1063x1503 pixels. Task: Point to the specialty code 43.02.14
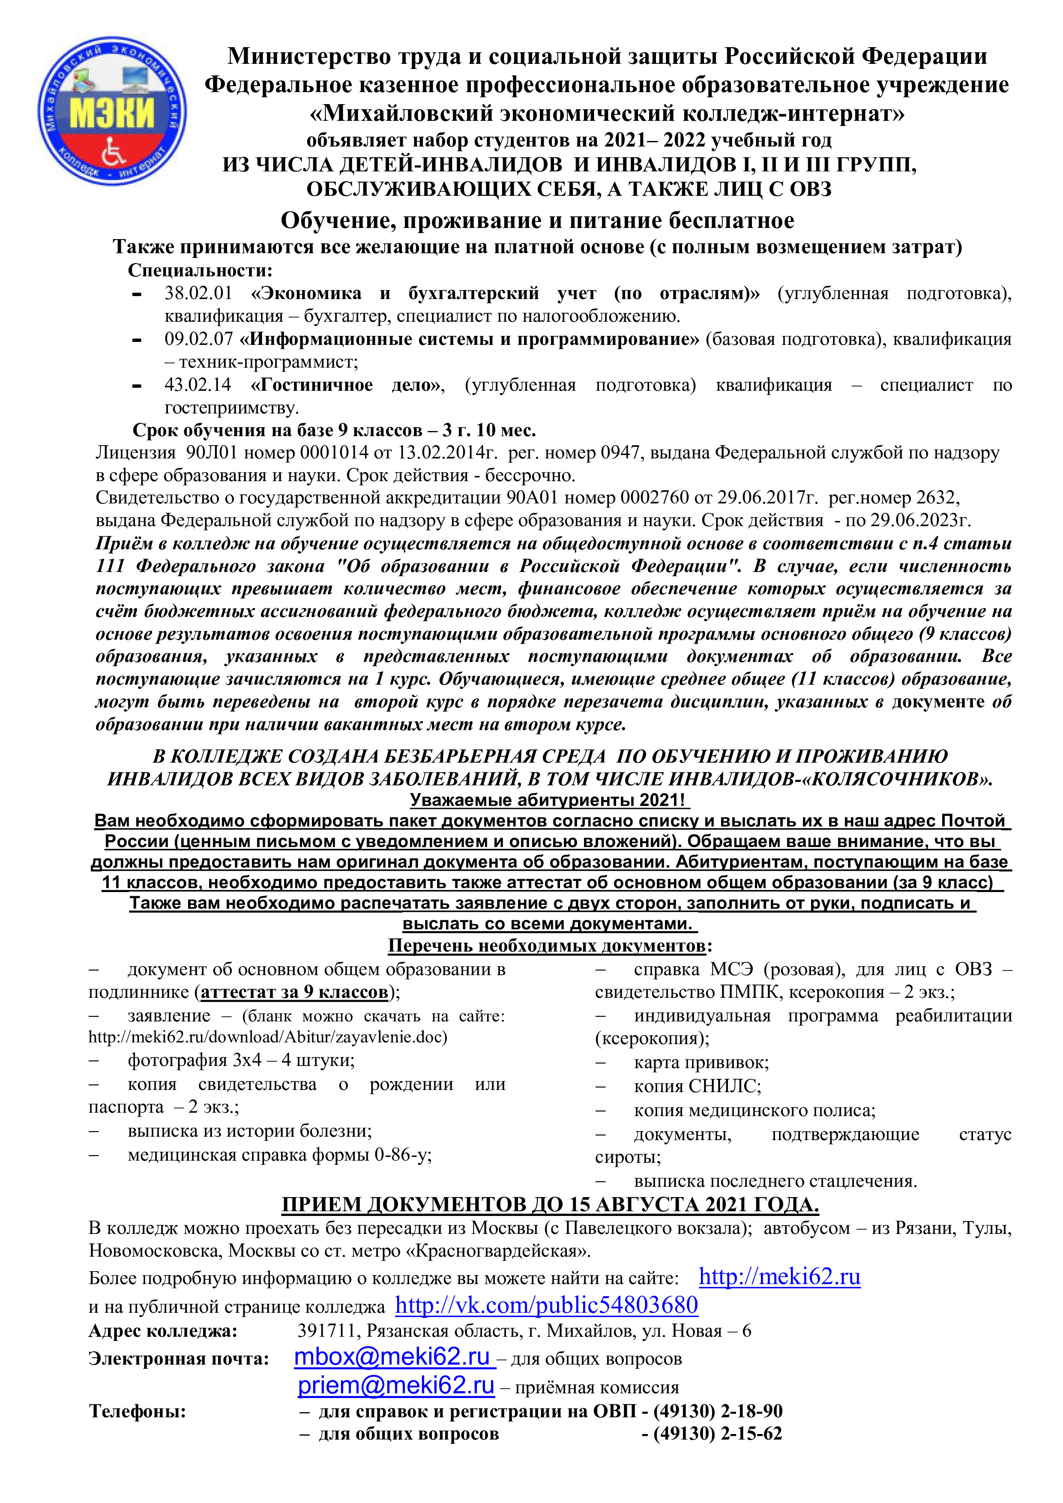pyautogui.click(x=198, y=385)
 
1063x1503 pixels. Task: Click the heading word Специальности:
pyautogui.click(x=200, y=270)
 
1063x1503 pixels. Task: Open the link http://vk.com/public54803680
pyautogui.click(x=547, y=1305)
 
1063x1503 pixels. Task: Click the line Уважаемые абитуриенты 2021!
pyautogui.click(x=549, y=800)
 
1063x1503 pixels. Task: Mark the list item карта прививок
pyautogui.click(x=701, y=1063)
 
